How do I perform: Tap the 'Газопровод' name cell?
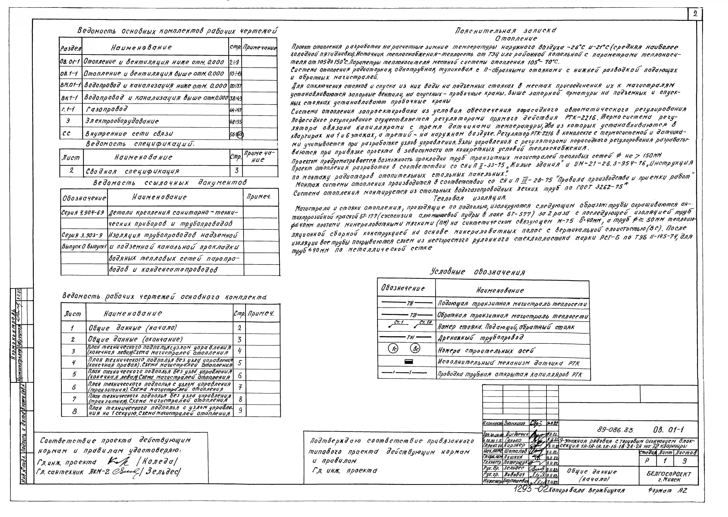point(107,109)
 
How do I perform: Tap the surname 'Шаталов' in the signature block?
point(515,451)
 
